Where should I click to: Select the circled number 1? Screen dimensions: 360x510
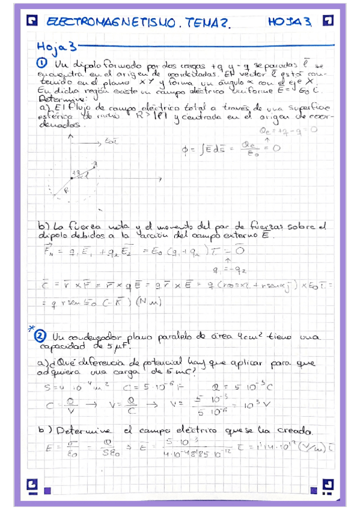(42, 63)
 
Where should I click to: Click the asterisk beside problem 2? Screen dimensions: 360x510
(30, 328)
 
